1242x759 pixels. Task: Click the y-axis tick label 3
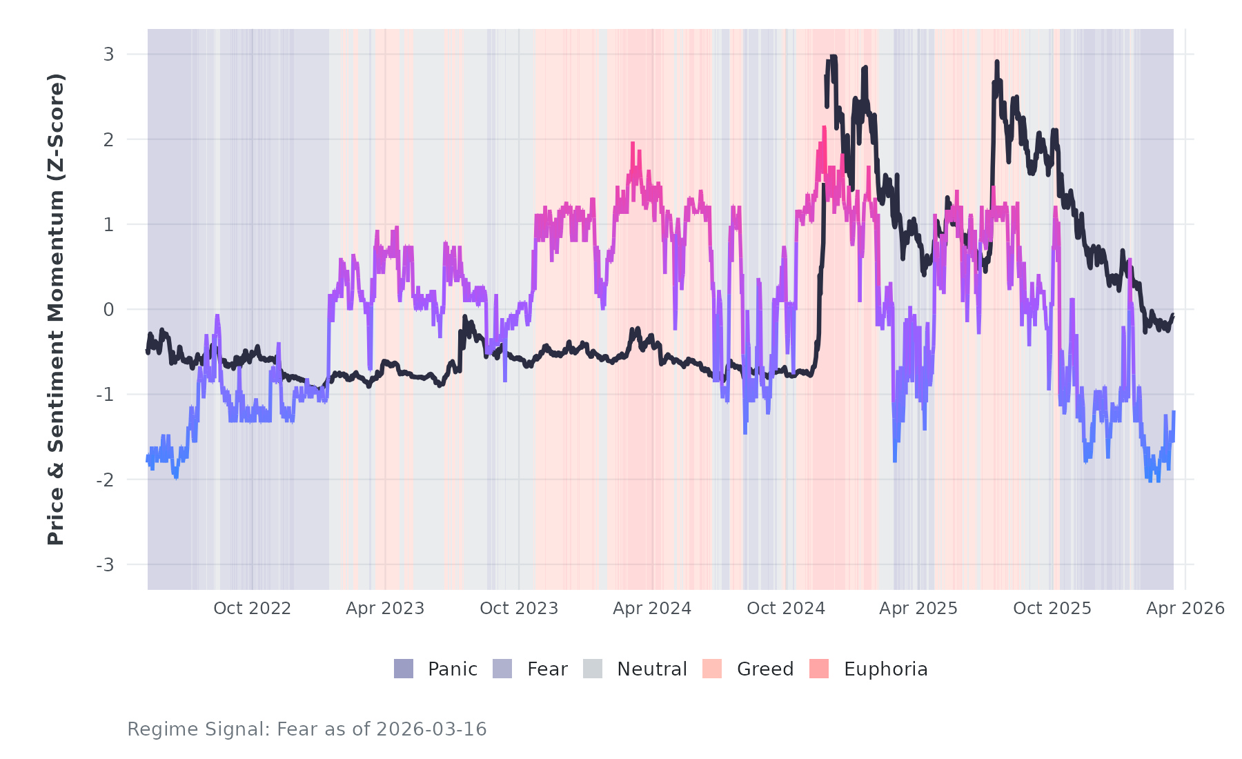click(108, 55)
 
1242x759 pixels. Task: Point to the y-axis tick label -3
click(105, 565)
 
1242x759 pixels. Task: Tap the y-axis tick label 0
click(108, 310)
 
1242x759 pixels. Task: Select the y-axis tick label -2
click(105, 480)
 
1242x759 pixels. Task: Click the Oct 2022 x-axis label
click(252, 609)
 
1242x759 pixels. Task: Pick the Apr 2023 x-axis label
click(385, 609)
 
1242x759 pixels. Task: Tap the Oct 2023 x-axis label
click(519, 609)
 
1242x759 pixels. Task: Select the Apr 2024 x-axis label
click(652, 609)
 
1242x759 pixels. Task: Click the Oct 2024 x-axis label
click(786, 609)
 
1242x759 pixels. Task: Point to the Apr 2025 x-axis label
click(918, 609)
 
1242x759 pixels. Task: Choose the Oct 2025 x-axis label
click(1052, 609)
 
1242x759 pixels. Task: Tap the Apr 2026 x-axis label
click(1185, 609)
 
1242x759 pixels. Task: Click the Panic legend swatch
click(404, 669)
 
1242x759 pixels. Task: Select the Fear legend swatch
click(502, 669)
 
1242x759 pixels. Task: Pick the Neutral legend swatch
click(593, 669)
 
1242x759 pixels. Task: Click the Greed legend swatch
click(712, 669)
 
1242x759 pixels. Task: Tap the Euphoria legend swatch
click(819, 669)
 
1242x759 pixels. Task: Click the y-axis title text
click(56, 309)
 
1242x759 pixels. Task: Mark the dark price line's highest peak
click(834, 57)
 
